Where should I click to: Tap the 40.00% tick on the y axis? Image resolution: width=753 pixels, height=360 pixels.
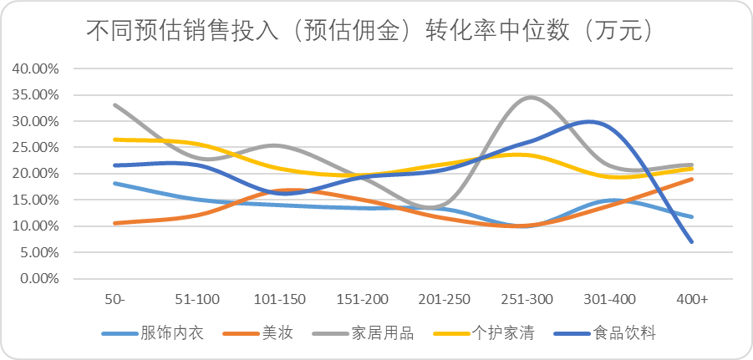[x=36, y=68]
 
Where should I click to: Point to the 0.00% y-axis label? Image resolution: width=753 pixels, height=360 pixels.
[x=39, y=278]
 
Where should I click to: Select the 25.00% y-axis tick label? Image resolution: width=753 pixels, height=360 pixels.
[x=36, y=147]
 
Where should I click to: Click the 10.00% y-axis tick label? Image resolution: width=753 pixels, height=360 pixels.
[x=36, y=226]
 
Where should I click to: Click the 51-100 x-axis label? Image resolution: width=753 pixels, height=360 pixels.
[x=198, y=299]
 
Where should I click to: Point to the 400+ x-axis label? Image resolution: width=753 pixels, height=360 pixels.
[x=692, y=299]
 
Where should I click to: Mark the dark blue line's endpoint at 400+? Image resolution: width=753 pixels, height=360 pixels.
[x=692, y=241]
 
